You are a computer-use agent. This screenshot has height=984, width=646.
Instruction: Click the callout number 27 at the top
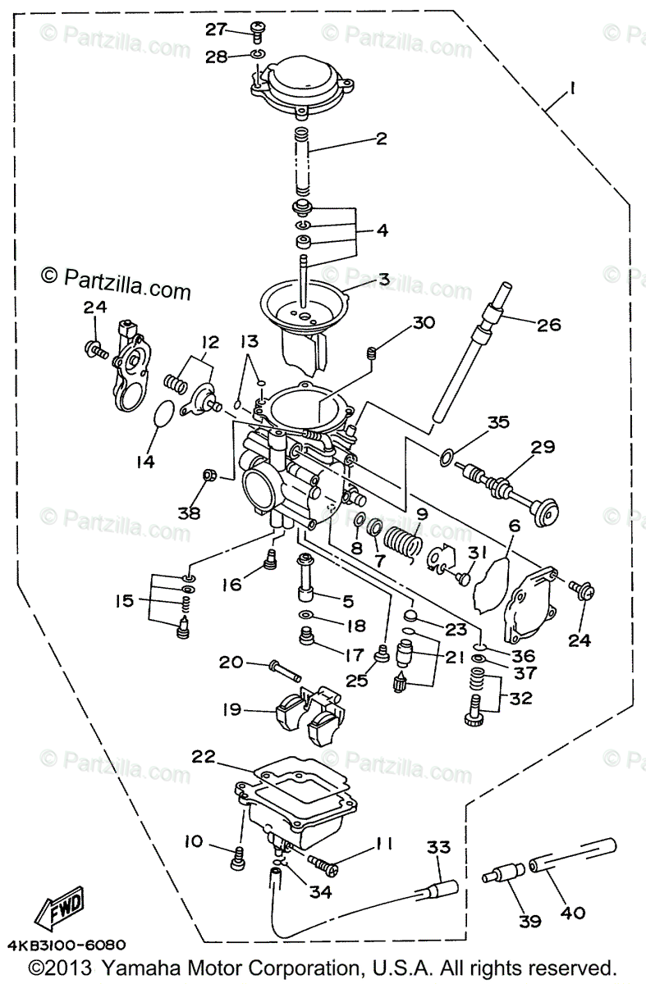point(215,30)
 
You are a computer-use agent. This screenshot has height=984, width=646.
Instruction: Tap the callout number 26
point(548,325)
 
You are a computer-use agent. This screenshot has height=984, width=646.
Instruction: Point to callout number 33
point(439,847)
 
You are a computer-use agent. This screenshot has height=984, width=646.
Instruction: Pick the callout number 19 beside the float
point(232,709)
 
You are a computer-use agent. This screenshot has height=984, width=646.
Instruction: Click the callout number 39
point(529,922)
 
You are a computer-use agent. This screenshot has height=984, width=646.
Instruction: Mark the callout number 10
point(193,841)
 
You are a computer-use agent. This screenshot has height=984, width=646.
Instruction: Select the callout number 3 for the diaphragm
point(383,280)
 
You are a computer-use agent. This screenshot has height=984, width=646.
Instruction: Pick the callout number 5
point(347,600)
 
